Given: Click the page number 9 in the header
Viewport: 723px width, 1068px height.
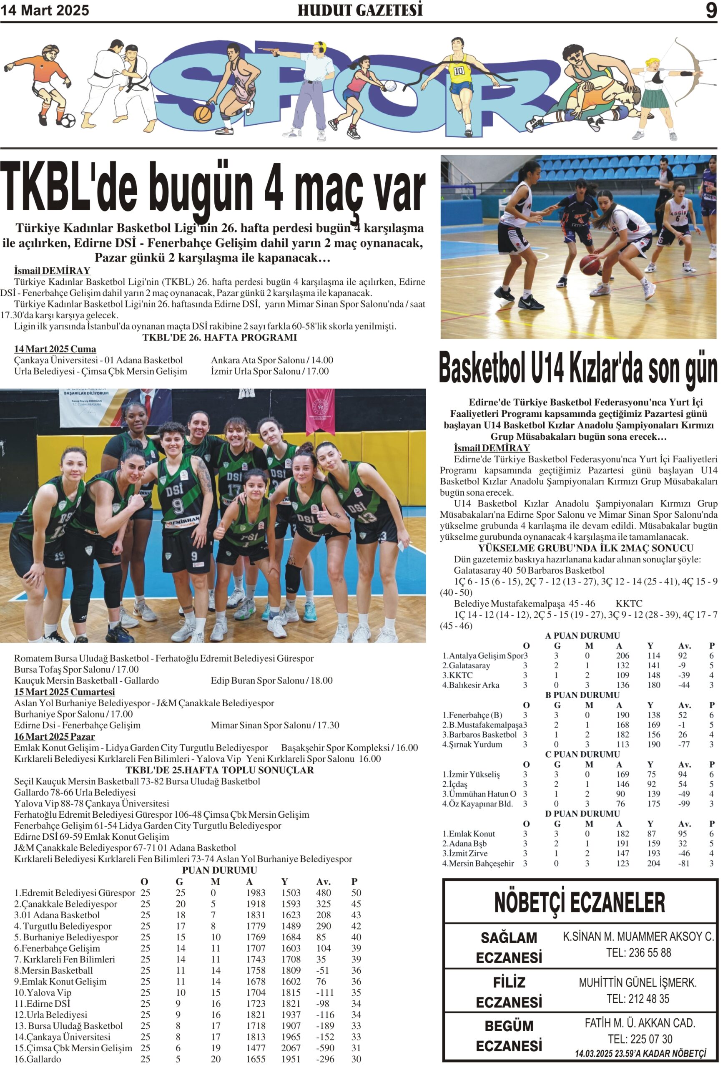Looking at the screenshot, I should pyautogui.click(x=710, y=10).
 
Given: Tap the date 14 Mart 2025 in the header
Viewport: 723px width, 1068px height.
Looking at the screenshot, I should pyautogui.click(x=45, y=10).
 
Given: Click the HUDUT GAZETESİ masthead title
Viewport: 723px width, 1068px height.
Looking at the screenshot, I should pyautogui.click(x=360, y=10).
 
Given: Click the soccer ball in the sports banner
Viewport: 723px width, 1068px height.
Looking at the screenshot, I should pyautogui.click(x=68, y=121).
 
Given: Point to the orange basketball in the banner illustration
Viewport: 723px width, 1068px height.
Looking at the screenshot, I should pyautogui.click(x=203, y=114).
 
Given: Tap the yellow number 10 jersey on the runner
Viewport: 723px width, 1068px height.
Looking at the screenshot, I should pyautogui.click(x=459, y=71).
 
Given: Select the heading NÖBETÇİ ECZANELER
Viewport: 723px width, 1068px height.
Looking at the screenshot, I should pyautogui.click(x=579, y=902).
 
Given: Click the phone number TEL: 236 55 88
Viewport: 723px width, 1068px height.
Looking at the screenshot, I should pyautogui.click(x=638, y=953).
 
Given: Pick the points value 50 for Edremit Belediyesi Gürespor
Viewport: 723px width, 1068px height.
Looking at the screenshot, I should pyautogui.click(x=356, y=892).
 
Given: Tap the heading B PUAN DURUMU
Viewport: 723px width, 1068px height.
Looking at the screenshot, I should pyautogui.click(x=582, y=695).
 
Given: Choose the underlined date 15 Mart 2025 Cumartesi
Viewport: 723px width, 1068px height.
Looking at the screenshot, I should pyautogui.click(x=64, y=692).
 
